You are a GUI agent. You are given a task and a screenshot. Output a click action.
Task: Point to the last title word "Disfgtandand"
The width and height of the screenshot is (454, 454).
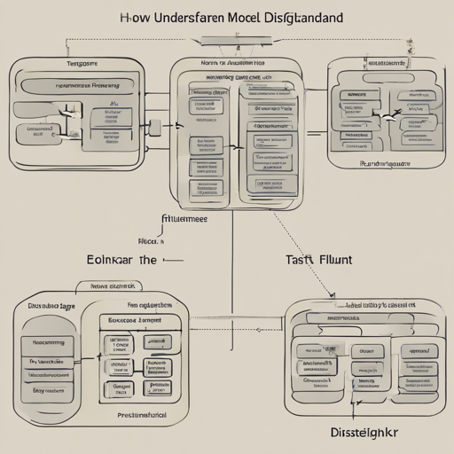coord(311,17)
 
